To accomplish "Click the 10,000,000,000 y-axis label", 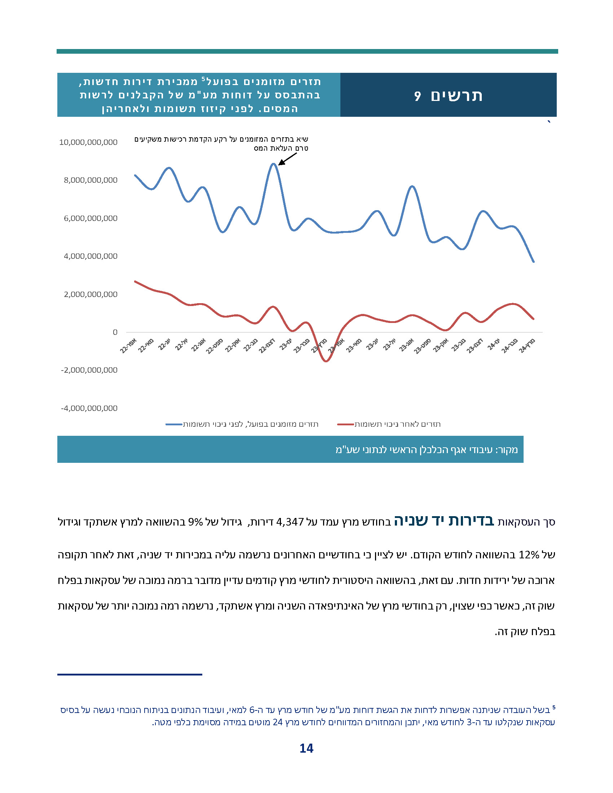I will [88, 142].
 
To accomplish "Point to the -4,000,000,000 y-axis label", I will [89, 408].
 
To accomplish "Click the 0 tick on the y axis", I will [115, 332].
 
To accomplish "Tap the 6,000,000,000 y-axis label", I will [91, 218].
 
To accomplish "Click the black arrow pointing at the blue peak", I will [287, 159].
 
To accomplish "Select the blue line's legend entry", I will [242, 424].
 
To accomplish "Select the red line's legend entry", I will [389, 424].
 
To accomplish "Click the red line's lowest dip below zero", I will [326, 361].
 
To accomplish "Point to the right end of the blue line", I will [533, 261].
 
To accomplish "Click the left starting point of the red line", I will [135, 282].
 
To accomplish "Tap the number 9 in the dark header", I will [417, 96].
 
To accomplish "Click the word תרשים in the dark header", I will [457, 96].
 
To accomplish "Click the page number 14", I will [306, 748].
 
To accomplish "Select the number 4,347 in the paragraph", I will [290, 522].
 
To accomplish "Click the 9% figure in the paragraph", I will [195, 522].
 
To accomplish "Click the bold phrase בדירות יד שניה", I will [444, 520].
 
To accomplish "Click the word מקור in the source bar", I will [508, 450].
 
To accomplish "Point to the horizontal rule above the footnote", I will [130, 675].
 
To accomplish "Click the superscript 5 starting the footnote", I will [554, 707].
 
